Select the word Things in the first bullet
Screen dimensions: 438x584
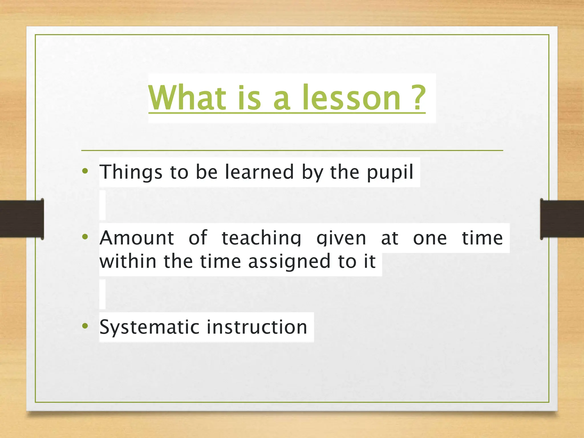(x=131, y=172)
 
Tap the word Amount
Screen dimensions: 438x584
(x=137, y=238)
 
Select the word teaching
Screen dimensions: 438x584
(x=261, y=238)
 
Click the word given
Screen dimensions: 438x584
(x=341, y=238)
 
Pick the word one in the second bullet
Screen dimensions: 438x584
(x=430, y=238)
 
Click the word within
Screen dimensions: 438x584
(x=128, y=261)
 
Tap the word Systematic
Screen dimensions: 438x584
(x=149, y=327)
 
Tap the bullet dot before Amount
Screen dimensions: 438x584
(x=85, y=237)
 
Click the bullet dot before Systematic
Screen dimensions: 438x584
(x=85, y=326)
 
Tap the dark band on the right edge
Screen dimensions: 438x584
(x=562, y=219)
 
